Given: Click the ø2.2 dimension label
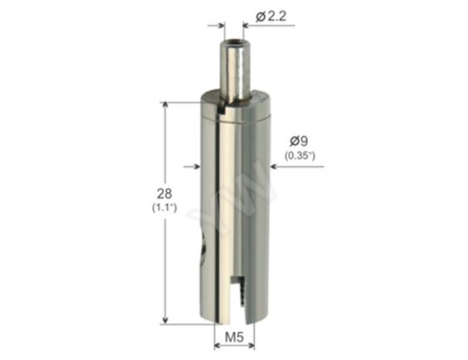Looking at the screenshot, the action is coord(271,17).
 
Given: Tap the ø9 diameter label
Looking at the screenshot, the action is coord(299,141).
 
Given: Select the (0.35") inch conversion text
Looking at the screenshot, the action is coord(300,156).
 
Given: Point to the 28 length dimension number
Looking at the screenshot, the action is coord(164,194).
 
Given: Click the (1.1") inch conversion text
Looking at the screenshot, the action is coord(164,207).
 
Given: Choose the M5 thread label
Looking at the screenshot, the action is coord(234,337).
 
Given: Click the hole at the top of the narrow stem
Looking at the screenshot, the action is coord(233,43).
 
